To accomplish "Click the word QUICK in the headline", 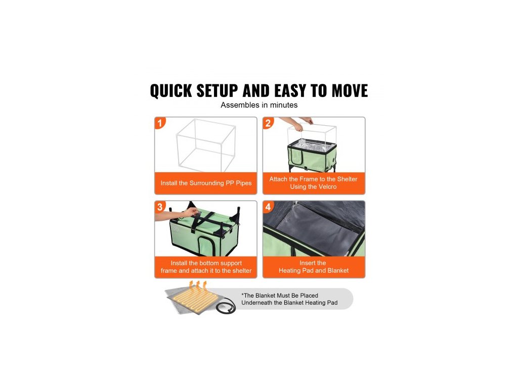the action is (x=171, y=91).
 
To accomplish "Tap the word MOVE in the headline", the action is (x=350, y=91).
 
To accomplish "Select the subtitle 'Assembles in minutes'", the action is (x=259, y=105).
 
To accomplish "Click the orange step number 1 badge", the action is (x=160, y=123).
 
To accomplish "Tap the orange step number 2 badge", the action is (x=268, y=123).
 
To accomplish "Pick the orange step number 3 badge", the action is (x=160, y=207).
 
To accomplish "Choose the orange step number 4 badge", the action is (x=268, y=207).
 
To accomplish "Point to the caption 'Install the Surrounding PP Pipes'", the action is (x=206, y=183).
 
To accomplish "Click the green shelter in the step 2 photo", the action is (x=312, y=155).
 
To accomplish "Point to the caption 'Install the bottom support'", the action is (x=206, y=263).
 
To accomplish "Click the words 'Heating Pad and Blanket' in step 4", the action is (x=314, y=271).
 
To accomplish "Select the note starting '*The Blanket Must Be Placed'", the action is (x=289, y=299).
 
